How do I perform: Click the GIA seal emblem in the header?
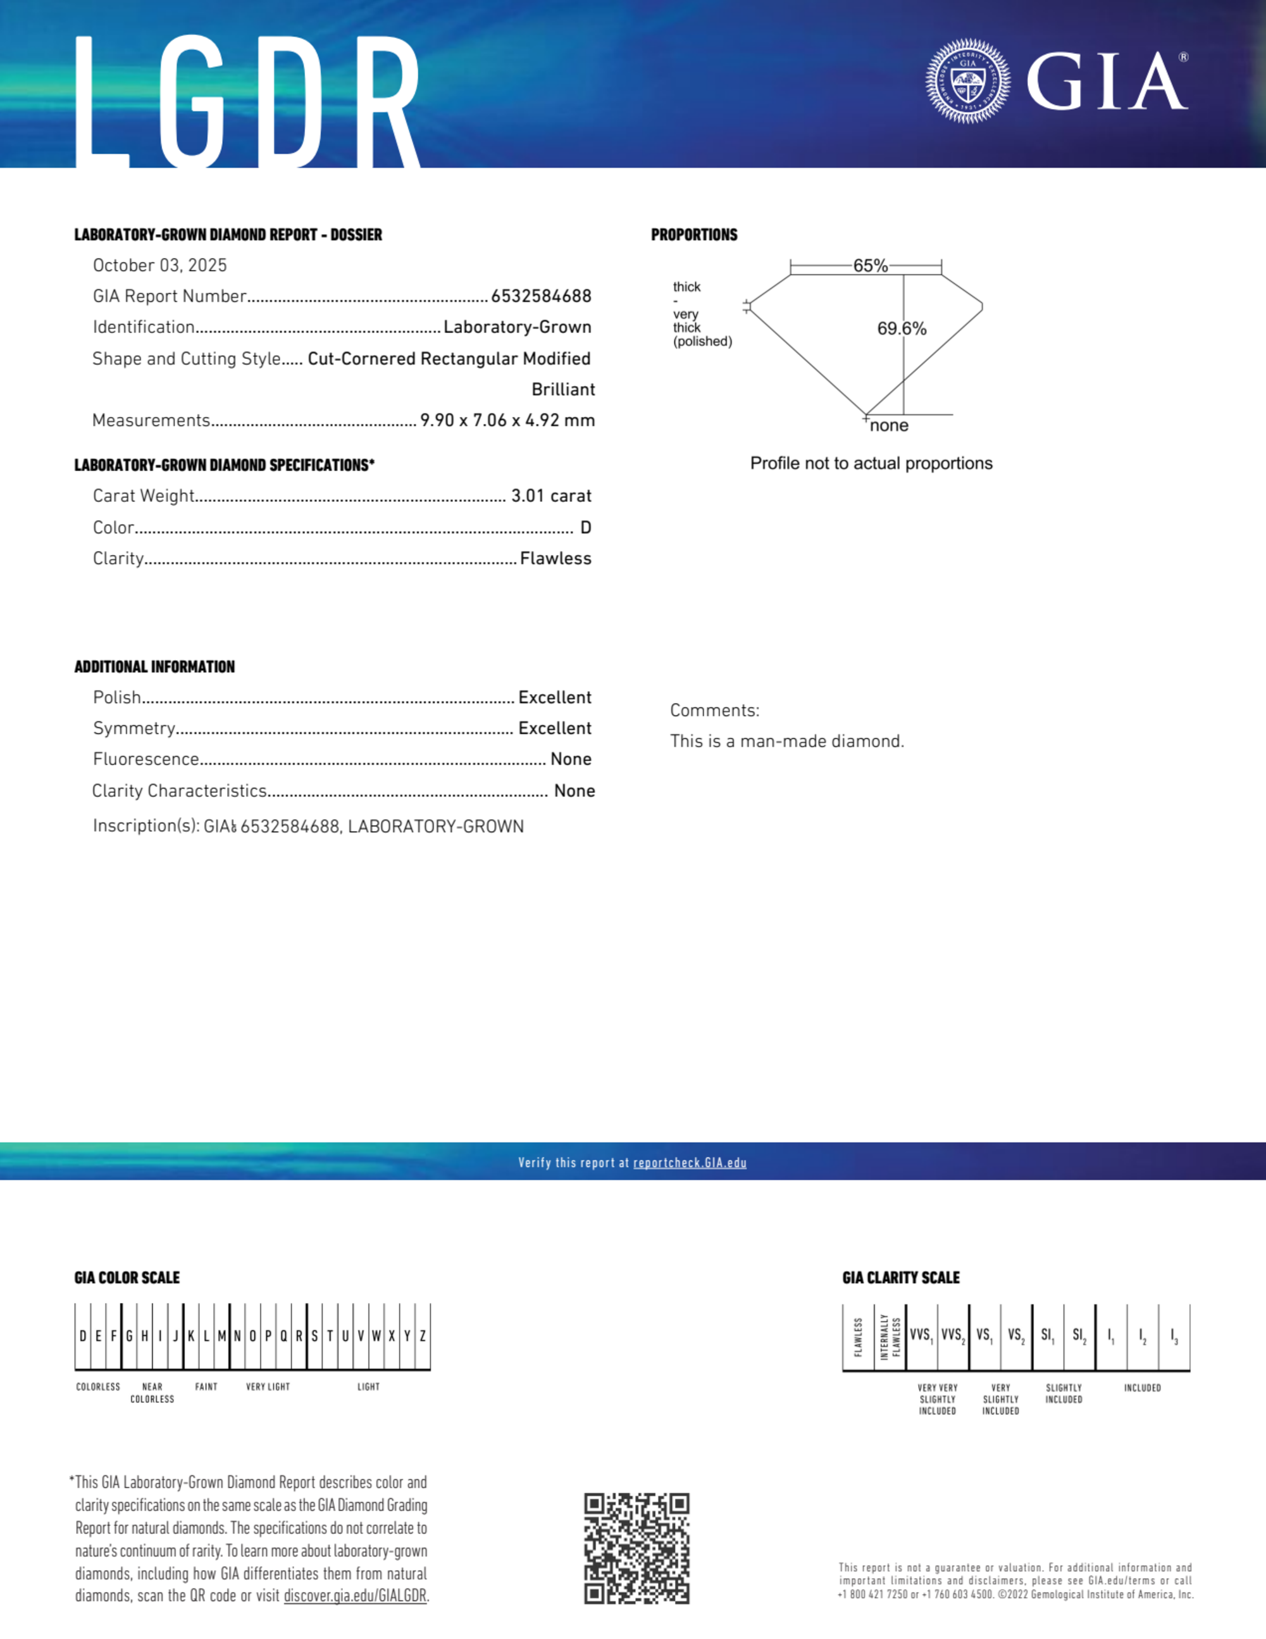(x=967, y=81)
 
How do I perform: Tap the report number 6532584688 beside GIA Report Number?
(x=541, y=296)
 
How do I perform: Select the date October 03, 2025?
(x=160, y=266)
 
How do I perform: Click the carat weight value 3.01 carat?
(x=551, y=496)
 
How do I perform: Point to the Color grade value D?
(x=586, y=528)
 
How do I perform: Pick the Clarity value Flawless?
(x=555, y=559)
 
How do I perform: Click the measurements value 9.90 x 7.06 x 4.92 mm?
(x=507, y=420)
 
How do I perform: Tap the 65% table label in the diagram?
(x=870, y=266)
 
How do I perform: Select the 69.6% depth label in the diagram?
(x=902, y=328)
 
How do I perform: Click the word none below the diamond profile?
(x=890, y=425)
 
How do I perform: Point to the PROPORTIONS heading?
(x=694, y=235)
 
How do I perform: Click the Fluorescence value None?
(x=570, y=759)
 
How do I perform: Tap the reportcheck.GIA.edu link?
(x=690, y=1162)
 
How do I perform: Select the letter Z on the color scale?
(x=423, y=1336)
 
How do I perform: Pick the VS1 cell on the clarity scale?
(x=984, y=1336)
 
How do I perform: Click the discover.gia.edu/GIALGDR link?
(x=355, y=1595)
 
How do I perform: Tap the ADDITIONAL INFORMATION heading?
(x=154, y=667)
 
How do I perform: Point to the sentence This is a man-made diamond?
(x=787, y=742)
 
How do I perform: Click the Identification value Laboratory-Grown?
(x=517, y=327)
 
